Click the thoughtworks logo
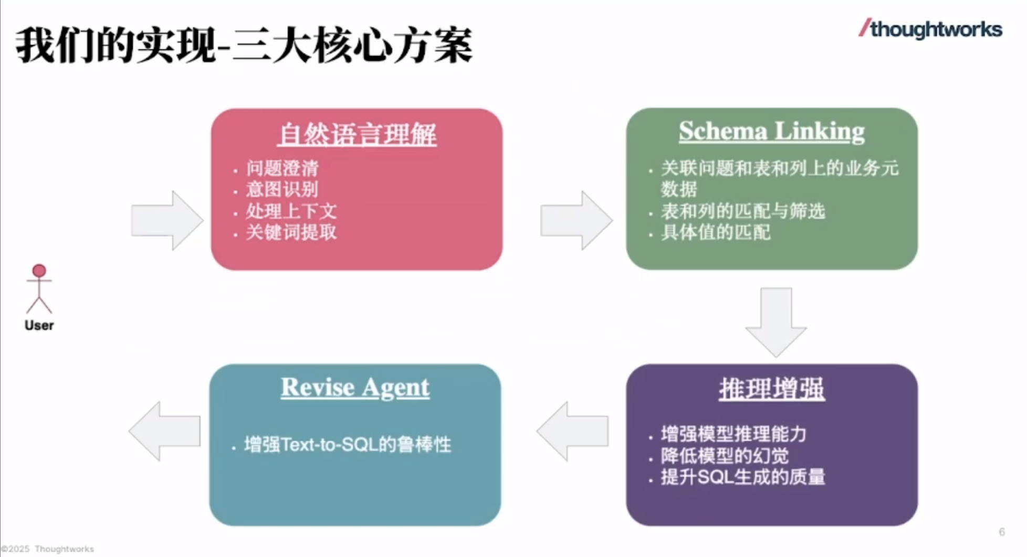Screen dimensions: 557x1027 pos(930,29)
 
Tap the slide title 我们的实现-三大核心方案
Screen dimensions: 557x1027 pos(244,46)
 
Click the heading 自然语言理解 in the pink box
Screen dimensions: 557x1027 pos(357,134)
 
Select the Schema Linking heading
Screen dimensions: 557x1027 pos(771,131)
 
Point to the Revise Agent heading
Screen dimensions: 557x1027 pos(355,388)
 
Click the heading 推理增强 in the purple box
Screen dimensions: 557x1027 pos(771,389)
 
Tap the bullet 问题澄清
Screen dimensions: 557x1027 pos(282,168)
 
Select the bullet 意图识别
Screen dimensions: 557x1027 pos(282,189)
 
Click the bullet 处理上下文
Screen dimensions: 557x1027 pos(291,211)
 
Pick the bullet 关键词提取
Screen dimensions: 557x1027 pos(291,232)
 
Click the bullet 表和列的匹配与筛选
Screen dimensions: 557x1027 pos(743,211)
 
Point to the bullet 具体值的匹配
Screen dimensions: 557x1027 pos(716,232)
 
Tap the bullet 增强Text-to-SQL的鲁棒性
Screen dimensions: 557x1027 pos(348,445)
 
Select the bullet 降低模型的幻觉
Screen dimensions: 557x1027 pos(725,456)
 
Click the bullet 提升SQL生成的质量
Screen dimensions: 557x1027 pos(743,477)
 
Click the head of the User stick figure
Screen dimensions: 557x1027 pos(39,271)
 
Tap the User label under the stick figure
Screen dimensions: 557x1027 pos(39,325)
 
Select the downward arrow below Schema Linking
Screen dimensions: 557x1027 pos(776,321)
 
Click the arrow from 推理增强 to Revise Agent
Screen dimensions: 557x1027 pos(573,431)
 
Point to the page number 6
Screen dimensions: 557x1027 pos(1002,532)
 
